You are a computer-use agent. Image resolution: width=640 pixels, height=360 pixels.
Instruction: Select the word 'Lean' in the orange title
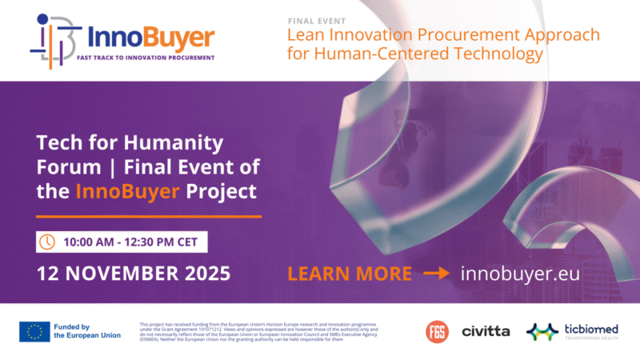(306, 35)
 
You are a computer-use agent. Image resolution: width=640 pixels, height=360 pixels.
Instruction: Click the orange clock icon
(48, 241)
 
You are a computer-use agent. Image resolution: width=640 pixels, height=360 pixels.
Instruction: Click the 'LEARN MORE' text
(350, 274)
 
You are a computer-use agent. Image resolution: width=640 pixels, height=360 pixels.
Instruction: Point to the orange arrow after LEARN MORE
(437, 274)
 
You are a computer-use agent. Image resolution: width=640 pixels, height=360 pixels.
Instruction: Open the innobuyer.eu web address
(520, 274)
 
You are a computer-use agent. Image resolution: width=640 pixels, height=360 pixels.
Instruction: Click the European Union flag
(34, 331)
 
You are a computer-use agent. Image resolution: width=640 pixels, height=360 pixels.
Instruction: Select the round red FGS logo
(437, 330)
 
